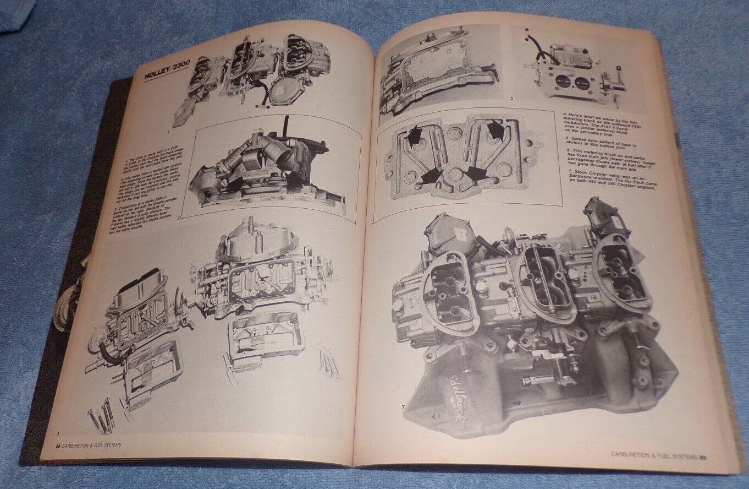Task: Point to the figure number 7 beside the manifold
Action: point(403,407)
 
